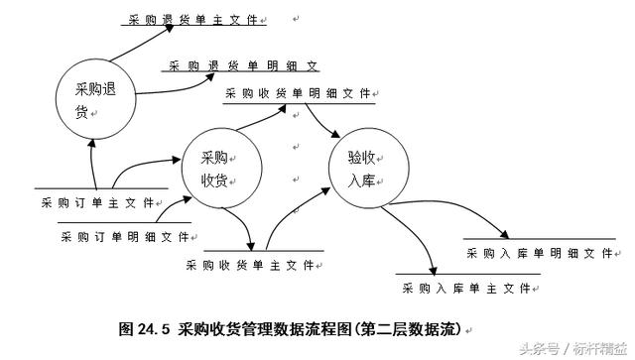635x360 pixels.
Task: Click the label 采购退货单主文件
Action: click(x=198, y=19)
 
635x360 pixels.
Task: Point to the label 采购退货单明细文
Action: click(x=243, y=66)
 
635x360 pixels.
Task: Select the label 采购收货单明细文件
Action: click(x=299, y=94)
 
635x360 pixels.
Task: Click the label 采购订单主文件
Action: click(x=97, y=202)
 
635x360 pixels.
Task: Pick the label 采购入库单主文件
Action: click(x=465, y=289)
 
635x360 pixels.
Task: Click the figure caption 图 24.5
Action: click(x=288, y=327)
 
